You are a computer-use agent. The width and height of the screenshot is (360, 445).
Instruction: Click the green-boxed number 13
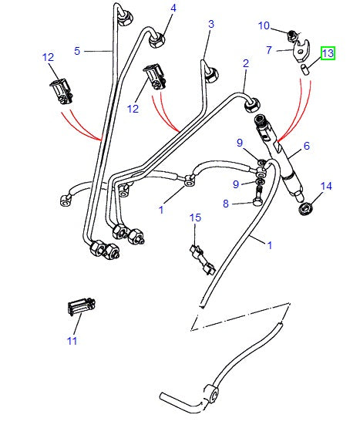click(x=328, y=54)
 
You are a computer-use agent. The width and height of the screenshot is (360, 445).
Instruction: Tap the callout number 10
click(x=264, y=25)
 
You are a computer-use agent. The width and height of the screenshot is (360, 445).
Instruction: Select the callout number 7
click(x=268, y=51)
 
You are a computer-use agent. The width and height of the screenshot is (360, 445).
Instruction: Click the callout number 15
click(x=196, y=219)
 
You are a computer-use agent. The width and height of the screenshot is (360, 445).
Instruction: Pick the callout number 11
click(x=72, y=340)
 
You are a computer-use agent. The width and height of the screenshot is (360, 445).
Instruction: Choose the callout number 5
click(x=77, y=51)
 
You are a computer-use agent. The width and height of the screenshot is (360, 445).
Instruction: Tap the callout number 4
click(x=173, y=8)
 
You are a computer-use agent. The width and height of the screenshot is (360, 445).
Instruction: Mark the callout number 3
click(x=210, y=25)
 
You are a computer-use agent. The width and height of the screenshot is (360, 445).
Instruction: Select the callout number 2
click(x=246, y=63)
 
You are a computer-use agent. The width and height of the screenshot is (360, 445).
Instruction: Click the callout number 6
click(x=305, y=146)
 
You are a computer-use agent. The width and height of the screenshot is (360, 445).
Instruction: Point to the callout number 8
click(x=225, y=204)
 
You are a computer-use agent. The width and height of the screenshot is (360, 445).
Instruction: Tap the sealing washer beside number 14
click(x=310, y=207)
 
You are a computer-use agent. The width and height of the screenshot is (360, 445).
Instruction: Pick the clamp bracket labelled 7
click(x=303, y=52)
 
